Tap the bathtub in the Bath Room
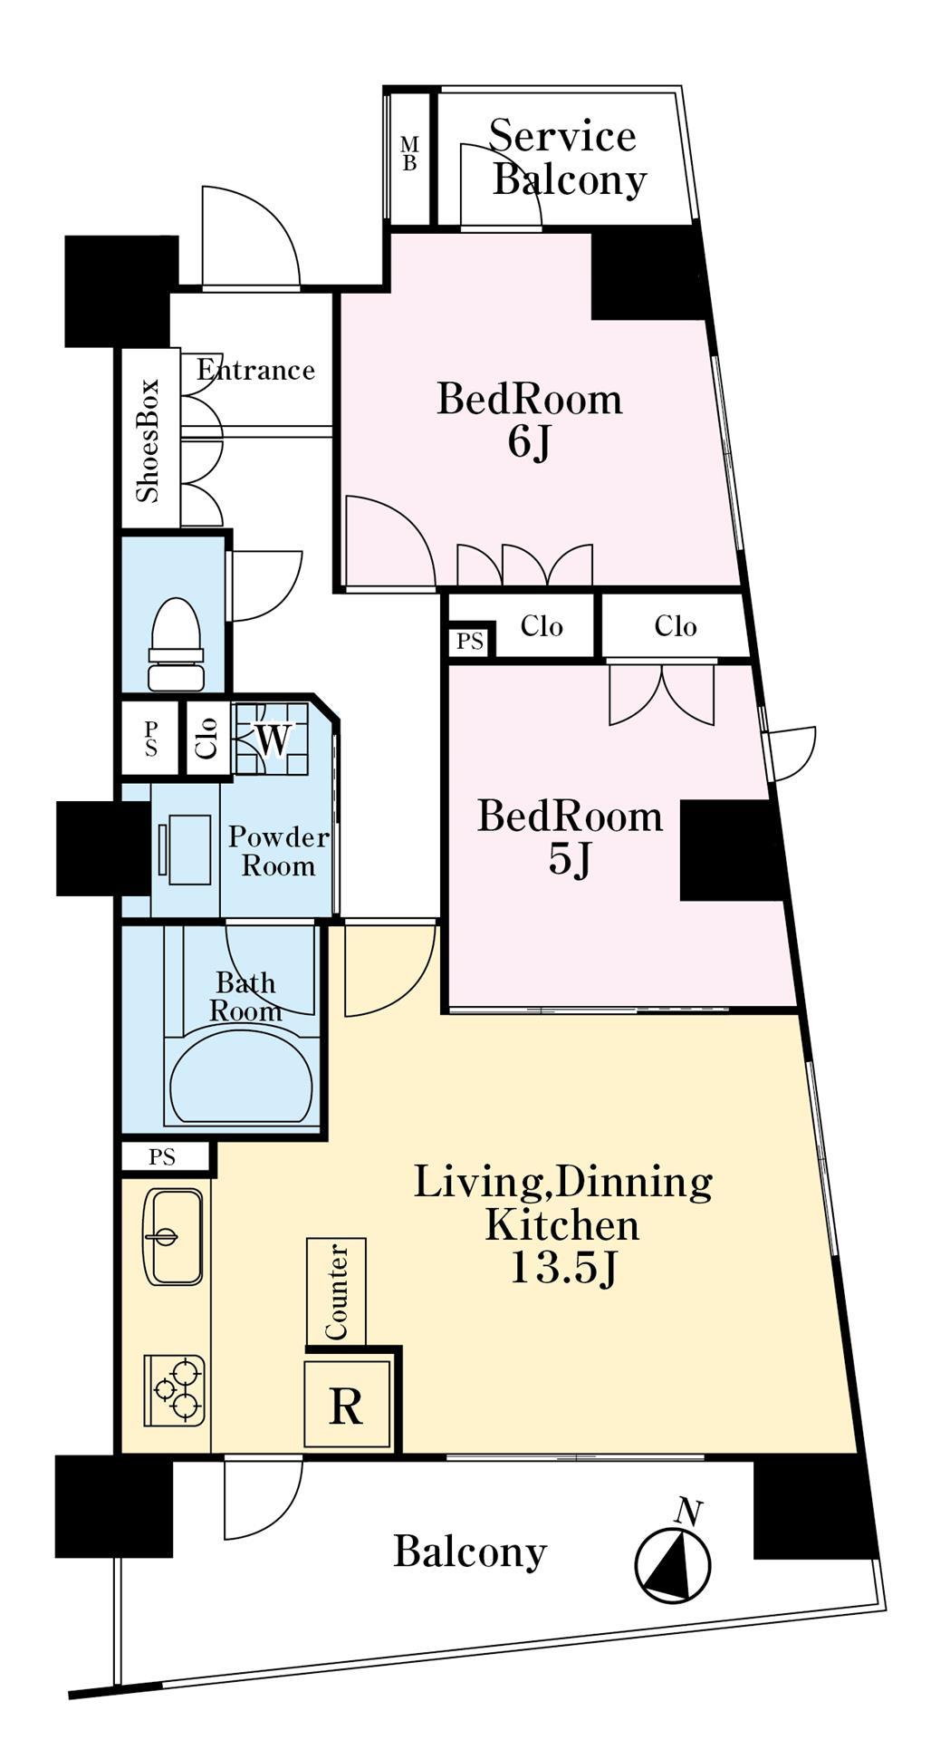(x=242, y=1076)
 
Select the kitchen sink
(x=173, y=1236)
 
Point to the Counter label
(x=337, y=1292)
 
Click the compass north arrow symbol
(x=674, y=1557)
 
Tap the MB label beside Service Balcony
(x=410, y=154)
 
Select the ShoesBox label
(x=147, y=440)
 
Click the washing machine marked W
(x=272, y=739)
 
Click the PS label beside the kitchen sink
(x=162, y=1157)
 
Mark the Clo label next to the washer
(x=208, y=737)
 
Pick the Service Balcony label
(x=567, y=158)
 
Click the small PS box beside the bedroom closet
(x=470, y=642)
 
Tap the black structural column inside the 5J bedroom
(x=730, y=850)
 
